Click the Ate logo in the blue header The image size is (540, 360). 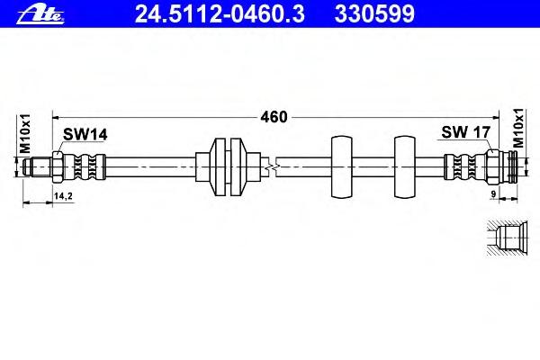pos(40,14)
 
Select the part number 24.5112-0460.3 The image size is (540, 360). pos(220,13)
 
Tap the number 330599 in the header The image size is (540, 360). pos(374,13)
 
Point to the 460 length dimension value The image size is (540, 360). pos(274,117)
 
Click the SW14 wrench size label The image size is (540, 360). pos(85,135)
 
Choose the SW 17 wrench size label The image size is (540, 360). pos(465,132)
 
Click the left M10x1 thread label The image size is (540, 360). pos(25,134)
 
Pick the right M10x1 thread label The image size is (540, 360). pos(518,128)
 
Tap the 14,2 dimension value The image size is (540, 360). pos(63,196)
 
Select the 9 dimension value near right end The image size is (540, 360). pos(493,194)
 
